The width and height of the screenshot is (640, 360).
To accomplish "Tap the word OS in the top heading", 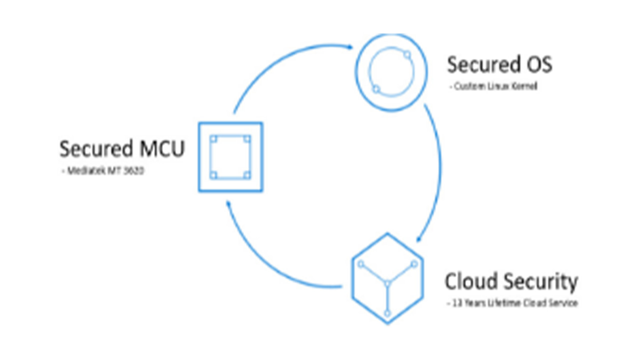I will [536, 65].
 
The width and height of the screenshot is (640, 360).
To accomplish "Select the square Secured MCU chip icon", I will [230, 157].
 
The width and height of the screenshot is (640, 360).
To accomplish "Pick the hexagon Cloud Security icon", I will [387, 278].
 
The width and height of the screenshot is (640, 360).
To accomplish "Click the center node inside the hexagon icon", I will [387, 283].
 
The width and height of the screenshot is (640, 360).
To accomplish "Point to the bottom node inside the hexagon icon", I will [387, 313].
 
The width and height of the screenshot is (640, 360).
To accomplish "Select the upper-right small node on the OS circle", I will [407, 54].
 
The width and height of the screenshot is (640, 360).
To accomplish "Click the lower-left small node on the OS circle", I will [376, 89].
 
